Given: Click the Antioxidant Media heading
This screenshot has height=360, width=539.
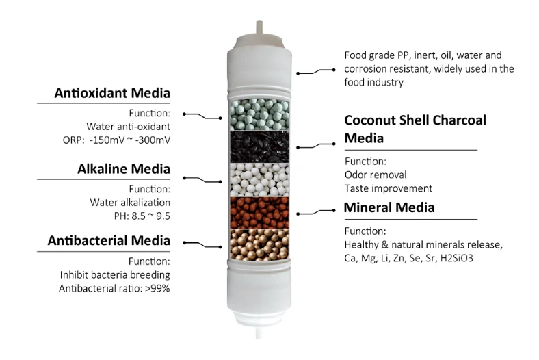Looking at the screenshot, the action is pos(111,93).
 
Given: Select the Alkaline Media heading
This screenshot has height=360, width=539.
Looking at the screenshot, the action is pos(124,168).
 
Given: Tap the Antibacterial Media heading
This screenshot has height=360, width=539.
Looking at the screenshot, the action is pos(109,240).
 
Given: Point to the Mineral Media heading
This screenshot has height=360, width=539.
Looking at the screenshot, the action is pos(389,207).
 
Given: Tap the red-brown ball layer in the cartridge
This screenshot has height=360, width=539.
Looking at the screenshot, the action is pos(258,213).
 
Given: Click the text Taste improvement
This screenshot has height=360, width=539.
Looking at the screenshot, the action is pos(388,188).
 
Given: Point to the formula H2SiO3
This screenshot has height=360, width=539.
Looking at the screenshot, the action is pos(471,259).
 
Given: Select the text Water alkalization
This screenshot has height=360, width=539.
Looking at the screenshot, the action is pos(130,203).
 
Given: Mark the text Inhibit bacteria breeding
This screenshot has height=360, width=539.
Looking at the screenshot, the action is pos(115,275).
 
